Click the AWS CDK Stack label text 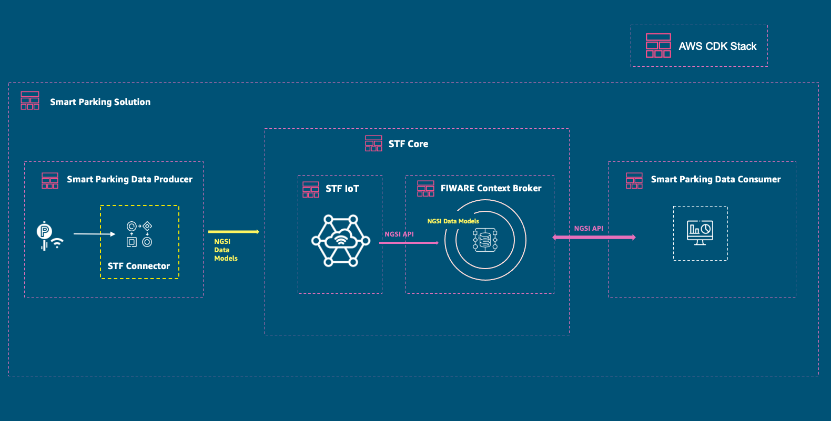pos(717,46)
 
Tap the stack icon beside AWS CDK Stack pos(658,46)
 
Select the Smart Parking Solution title pos(100,102)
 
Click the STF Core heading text pos(408,144)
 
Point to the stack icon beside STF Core pos(373,143)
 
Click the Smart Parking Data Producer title pos(129,179)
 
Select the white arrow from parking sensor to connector pos(94,234)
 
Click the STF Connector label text pos(139,266)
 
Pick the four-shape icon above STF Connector pos(139,234)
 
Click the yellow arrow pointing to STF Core pos(234,232)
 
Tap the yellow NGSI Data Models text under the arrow pos(226,250)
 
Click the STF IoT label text pos(342,189)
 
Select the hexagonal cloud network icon pos(341,241)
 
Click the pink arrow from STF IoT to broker pos(409,243)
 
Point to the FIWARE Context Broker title pos(491,188)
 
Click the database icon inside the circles pos(485,240)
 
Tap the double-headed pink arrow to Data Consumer pos(594,238)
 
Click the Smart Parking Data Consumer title pos(715,179)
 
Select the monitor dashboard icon pos(700,233)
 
